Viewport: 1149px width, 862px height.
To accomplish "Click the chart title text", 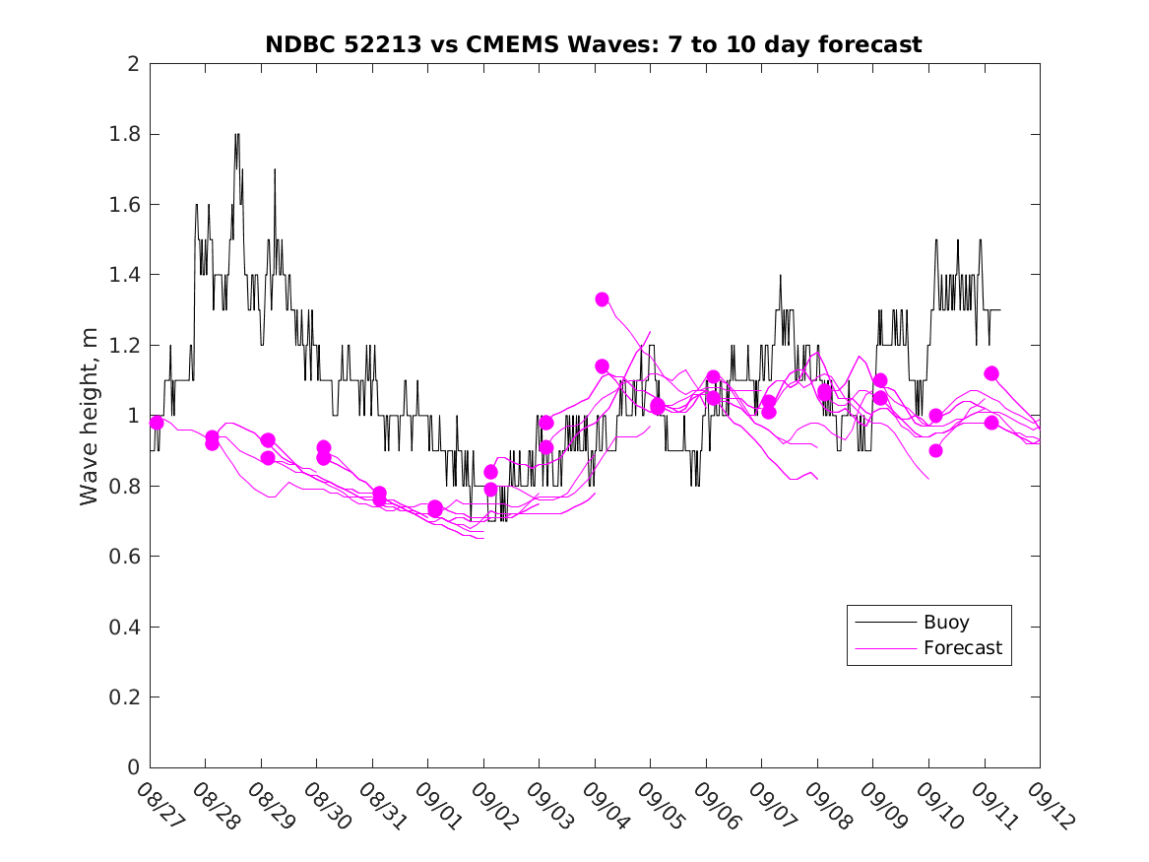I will coord(593,44).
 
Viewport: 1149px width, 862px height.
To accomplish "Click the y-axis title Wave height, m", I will coord(90,415).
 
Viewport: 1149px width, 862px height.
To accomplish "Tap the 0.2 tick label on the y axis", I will coord(125,697).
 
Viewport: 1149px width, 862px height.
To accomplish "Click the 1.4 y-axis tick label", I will coord(125,275).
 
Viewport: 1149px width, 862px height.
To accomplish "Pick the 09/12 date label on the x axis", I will coord(1049,807).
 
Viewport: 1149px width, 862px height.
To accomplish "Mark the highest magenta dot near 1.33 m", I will coord(602,299).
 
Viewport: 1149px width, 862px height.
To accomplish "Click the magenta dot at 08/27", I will coord(157,423).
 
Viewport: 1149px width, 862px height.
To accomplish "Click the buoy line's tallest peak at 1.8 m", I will coord(237,135).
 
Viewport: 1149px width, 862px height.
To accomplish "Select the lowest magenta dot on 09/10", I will coord(935,450).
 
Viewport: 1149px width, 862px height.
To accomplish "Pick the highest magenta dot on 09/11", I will coord(991,373).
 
